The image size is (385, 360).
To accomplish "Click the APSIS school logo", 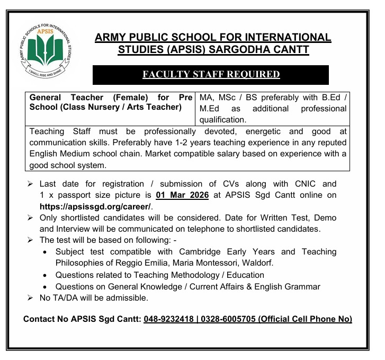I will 46,50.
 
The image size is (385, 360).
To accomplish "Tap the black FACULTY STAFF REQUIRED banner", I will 211,75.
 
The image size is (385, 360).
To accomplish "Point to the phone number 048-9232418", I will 168,319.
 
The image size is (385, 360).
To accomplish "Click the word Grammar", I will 303,286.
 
